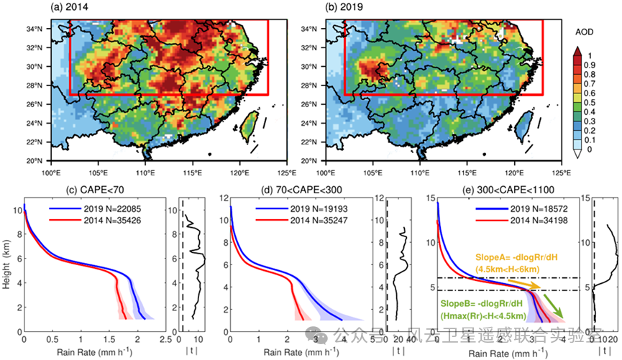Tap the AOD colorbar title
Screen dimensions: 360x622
click(x=583, y=33)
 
